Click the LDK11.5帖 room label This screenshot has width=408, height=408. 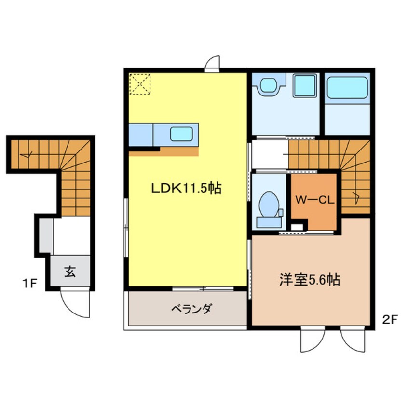click(x=187, y=189)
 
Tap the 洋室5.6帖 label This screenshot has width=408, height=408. click(x=309, y=280)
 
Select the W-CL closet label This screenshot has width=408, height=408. click(x=314, y=199)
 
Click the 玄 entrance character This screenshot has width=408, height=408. click(x=70, y=272)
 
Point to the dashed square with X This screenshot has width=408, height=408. click(x=140, y=84)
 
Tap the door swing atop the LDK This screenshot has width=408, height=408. click(x=212, y=64)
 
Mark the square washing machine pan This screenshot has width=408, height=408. click(x=304, y=86)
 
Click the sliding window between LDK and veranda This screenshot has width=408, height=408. click(x=203, y=289)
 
